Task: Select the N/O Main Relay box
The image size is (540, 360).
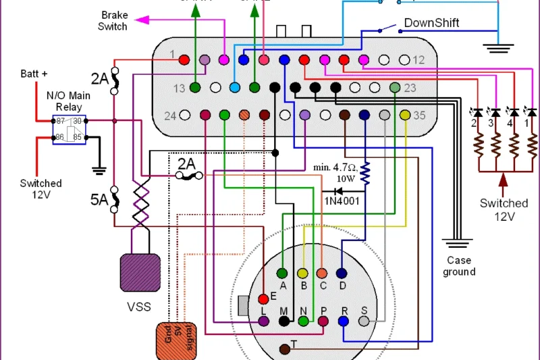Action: [x=69, y=130]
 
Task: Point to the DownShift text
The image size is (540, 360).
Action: [x=431, y=23]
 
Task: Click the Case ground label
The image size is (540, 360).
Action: [x=459, y=266]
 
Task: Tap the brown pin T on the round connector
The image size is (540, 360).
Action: [x=285, y=347]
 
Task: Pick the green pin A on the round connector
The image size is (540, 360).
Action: [x=283, y=273]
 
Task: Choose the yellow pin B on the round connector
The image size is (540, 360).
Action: [x=303, y=273]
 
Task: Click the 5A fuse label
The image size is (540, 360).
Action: [x=100, y=200]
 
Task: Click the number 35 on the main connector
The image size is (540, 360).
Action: [x=420, y=115]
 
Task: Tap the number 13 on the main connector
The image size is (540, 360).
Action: [x=179, y=88]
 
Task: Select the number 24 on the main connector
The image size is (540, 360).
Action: [x=171, y=115]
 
